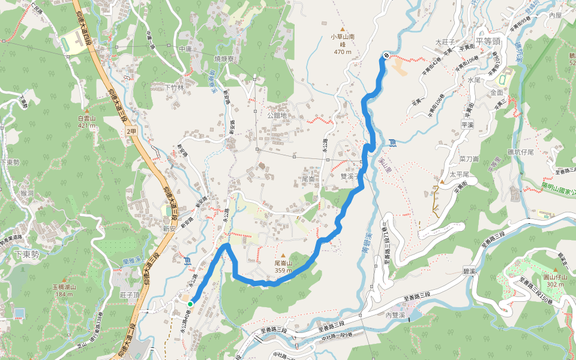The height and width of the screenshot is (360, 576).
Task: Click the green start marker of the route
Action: pyautogui.click(x=190, y=304)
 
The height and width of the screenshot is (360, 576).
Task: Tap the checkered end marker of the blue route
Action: pyautogui.click(x=385, y=56)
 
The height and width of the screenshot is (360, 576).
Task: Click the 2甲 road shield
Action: pyautogui.click(x=131, y=130)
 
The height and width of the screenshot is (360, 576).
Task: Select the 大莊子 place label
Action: pyautogui.click(x=446, y=42)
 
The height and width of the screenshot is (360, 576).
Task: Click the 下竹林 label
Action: pyautogui.click(x=174, y=87)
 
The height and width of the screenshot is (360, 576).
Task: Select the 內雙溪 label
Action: pyautogui.click(x=396, y=315)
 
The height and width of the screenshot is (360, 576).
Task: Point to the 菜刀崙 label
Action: pyautogui.click(x=469, y=159)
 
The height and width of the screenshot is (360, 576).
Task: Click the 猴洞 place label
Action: pyautogui.click(x=27, y=193)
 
